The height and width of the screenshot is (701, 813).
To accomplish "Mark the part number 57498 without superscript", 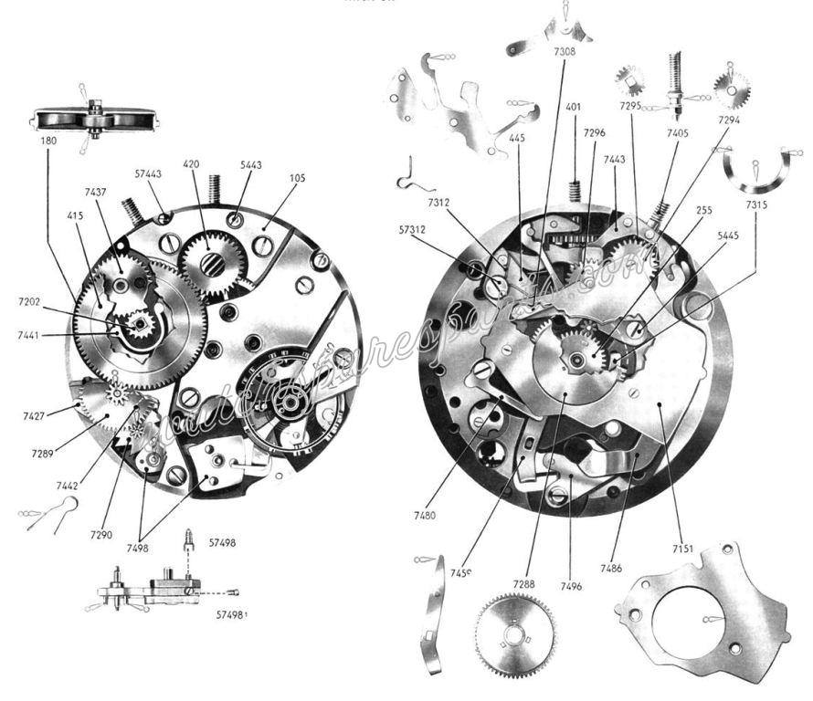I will pos(222,542).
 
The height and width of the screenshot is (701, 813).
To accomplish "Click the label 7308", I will pos(565,53).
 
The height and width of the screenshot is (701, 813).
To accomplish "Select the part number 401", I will pos(574,107).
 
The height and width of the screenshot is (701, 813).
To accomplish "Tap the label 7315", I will pos(755,205).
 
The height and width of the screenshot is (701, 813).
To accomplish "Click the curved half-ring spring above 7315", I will pos(755,169).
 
